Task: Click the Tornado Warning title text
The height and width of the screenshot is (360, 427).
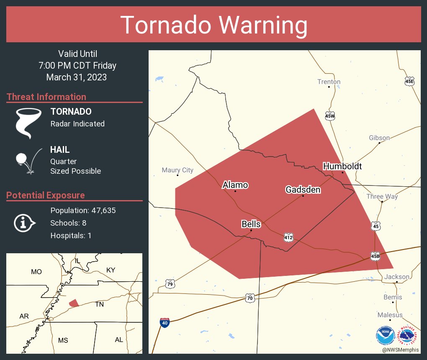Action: pyautogui.click(x=213, y=25)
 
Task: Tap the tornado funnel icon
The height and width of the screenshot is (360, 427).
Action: pyautogui.click(x=28, y=123)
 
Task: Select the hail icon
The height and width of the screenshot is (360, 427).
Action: pyautogui.click(x=28, y=160)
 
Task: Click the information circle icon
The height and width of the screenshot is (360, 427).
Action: pyautogui.click(x=24, y=223)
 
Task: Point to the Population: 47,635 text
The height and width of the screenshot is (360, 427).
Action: pyautogui.click(x=83, y=210)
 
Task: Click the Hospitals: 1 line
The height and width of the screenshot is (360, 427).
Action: pyautogui.click(x=71, y=235)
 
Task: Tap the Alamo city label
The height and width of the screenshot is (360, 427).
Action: pyautogui.click(x=235, y=185)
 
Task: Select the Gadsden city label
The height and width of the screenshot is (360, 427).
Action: pyautogui.click(x=303, y=190)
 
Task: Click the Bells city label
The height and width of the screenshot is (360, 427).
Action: pyautogui.click(x=251, y=224)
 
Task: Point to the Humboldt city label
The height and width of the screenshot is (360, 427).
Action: pyautogui.click(x=342, y=166)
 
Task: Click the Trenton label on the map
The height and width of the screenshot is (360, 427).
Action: pyautogui.click(x=329, y=82)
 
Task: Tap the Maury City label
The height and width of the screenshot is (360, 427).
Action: pyautogui.click(x=177, y=170)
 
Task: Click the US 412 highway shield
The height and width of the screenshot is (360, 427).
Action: pyautogui.click(x=288, y=237)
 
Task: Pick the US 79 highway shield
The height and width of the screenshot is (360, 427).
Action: pyautogui.click(x=170, y=284)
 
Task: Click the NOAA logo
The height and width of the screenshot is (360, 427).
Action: pyautogui.click(x=385, y=335)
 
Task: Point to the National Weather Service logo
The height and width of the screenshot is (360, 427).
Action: pyautogui.click(x=408, y=335)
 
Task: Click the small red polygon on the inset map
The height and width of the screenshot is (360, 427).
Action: pyautogui.click(x=74, y=303)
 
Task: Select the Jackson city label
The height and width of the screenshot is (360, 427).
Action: pyautogui.click(x=396, y=277)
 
